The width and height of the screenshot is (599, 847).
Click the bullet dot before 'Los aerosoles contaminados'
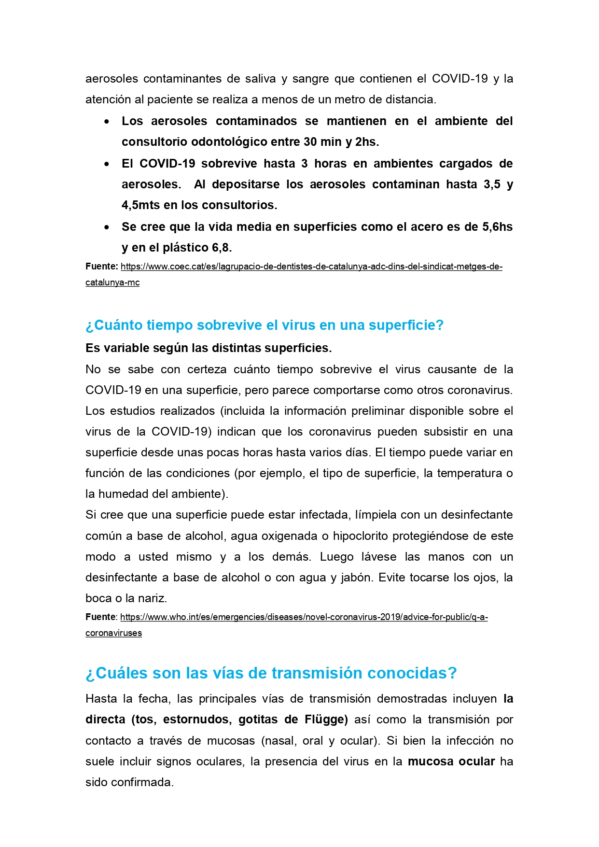[107, 122]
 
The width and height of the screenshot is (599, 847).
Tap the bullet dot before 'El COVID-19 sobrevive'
[107, 164]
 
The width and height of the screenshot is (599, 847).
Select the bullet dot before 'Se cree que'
[107, 227]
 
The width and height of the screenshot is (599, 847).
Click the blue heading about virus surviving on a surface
[264, 325]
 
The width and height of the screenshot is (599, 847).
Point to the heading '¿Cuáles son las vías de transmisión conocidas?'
[271, 673]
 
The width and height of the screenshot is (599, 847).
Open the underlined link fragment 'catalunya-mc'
[112, 282]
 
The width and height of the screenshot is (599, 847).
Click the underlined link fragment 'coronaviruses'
[113, 633]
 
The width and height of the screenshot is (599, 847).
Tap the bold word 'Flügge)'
[326, 720]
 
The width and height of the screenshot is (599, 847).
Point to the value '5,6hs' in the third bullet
[497, 227]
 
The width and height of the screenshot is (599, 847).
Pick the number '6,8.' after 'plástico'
[222, 248]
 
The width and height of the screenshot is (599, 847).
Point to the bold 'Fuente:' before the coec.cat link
[101, 267]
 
